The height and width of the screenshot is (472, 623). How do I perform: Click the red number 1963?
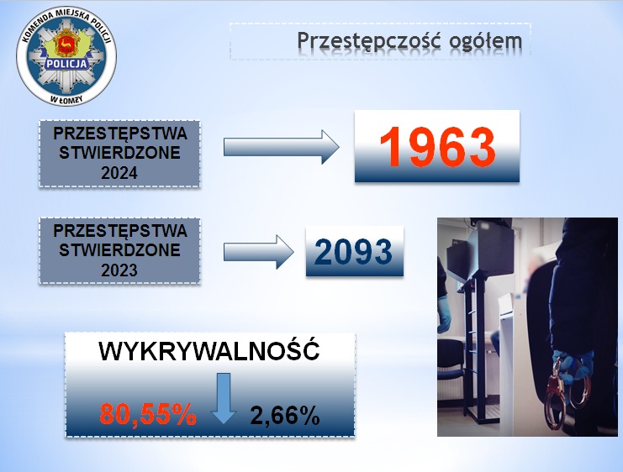click(437, 146)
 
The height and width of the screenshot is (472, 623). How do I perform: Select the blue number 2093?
click(353, 252)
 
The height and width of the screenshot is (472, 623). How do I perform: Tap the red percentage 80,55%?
click(148, 414)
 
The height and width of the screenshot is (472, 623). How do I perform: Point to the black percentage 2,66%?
click(285, 416)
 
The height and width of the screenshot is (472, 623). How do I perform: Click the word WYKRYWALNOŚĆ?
click(209, 351)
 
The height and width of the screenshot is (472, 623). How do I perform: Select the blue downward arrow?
click(224, 398)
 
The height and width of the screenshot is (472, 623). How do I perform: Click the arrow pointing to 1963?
click(282, 147)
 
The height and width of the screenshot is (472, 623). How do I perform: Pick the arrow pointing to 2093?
click(259, 252)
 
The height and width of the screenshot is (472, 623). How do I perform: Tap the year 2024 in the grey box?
click(119, 173)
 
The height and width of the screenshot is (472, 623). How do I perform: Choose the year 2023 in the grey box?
click(119, 270)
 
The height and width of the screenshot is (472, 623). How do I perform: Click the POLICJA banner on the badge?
click(66, 64)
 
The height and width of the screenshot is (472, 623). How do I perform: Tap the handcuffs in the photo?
click(566, 393)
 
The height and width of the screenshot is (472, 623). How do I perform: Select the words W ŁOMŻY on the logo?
click(66, 98)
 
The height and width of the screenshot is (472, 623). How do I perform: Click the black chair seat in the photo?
click(450, 370)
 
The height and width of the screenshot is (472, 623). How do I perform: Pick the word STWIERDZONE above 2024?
click(119, 153)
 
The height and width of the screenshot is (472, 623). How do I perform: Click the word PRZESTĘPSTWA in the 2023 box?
click(120, 231)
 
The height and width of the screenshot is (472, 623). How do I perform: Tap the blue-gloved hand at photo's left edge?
click(443, 314)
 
